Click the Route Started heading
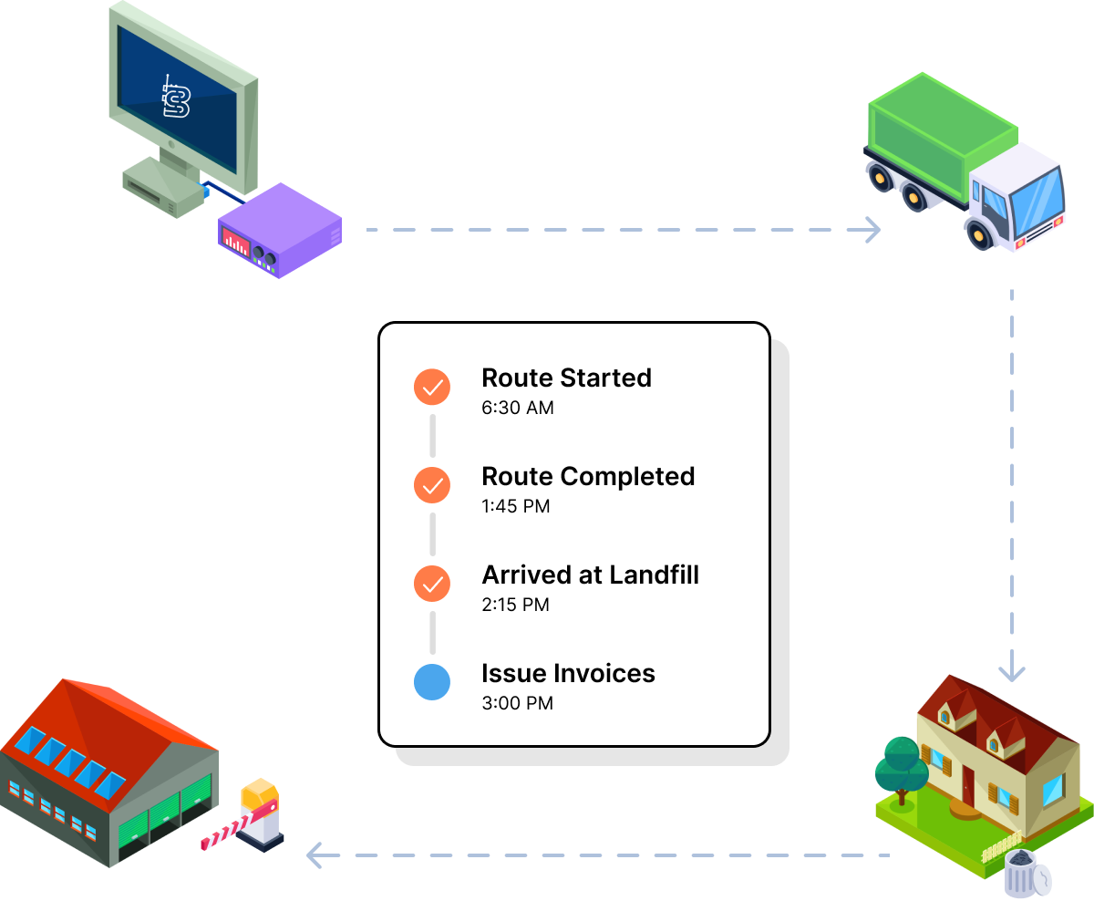pos(566,378)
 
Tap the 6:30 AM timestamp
pos(517,408)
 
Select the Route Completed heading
pos(588,476)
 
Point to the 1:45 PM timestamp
pos(515,506)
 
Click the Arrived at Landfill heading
pos(590,575)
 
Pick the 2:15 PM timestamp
pos(515,605)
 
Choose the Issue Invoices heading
pos(568,673)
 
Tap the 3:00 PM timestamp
pos(517,703)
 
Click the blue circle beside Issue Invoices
pos(432,682)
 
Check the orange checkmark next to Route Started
pos(432,387)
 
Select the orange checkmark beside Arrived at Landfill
pos(432,584)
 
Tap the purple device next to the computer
pos(279,232)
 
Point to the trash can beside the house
pos(1027,873)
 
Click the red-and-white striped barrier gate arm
pos(236,825)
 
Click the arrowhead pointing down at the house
pos(1011,673)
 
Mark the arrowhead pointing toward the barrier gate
pos(315,855)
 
